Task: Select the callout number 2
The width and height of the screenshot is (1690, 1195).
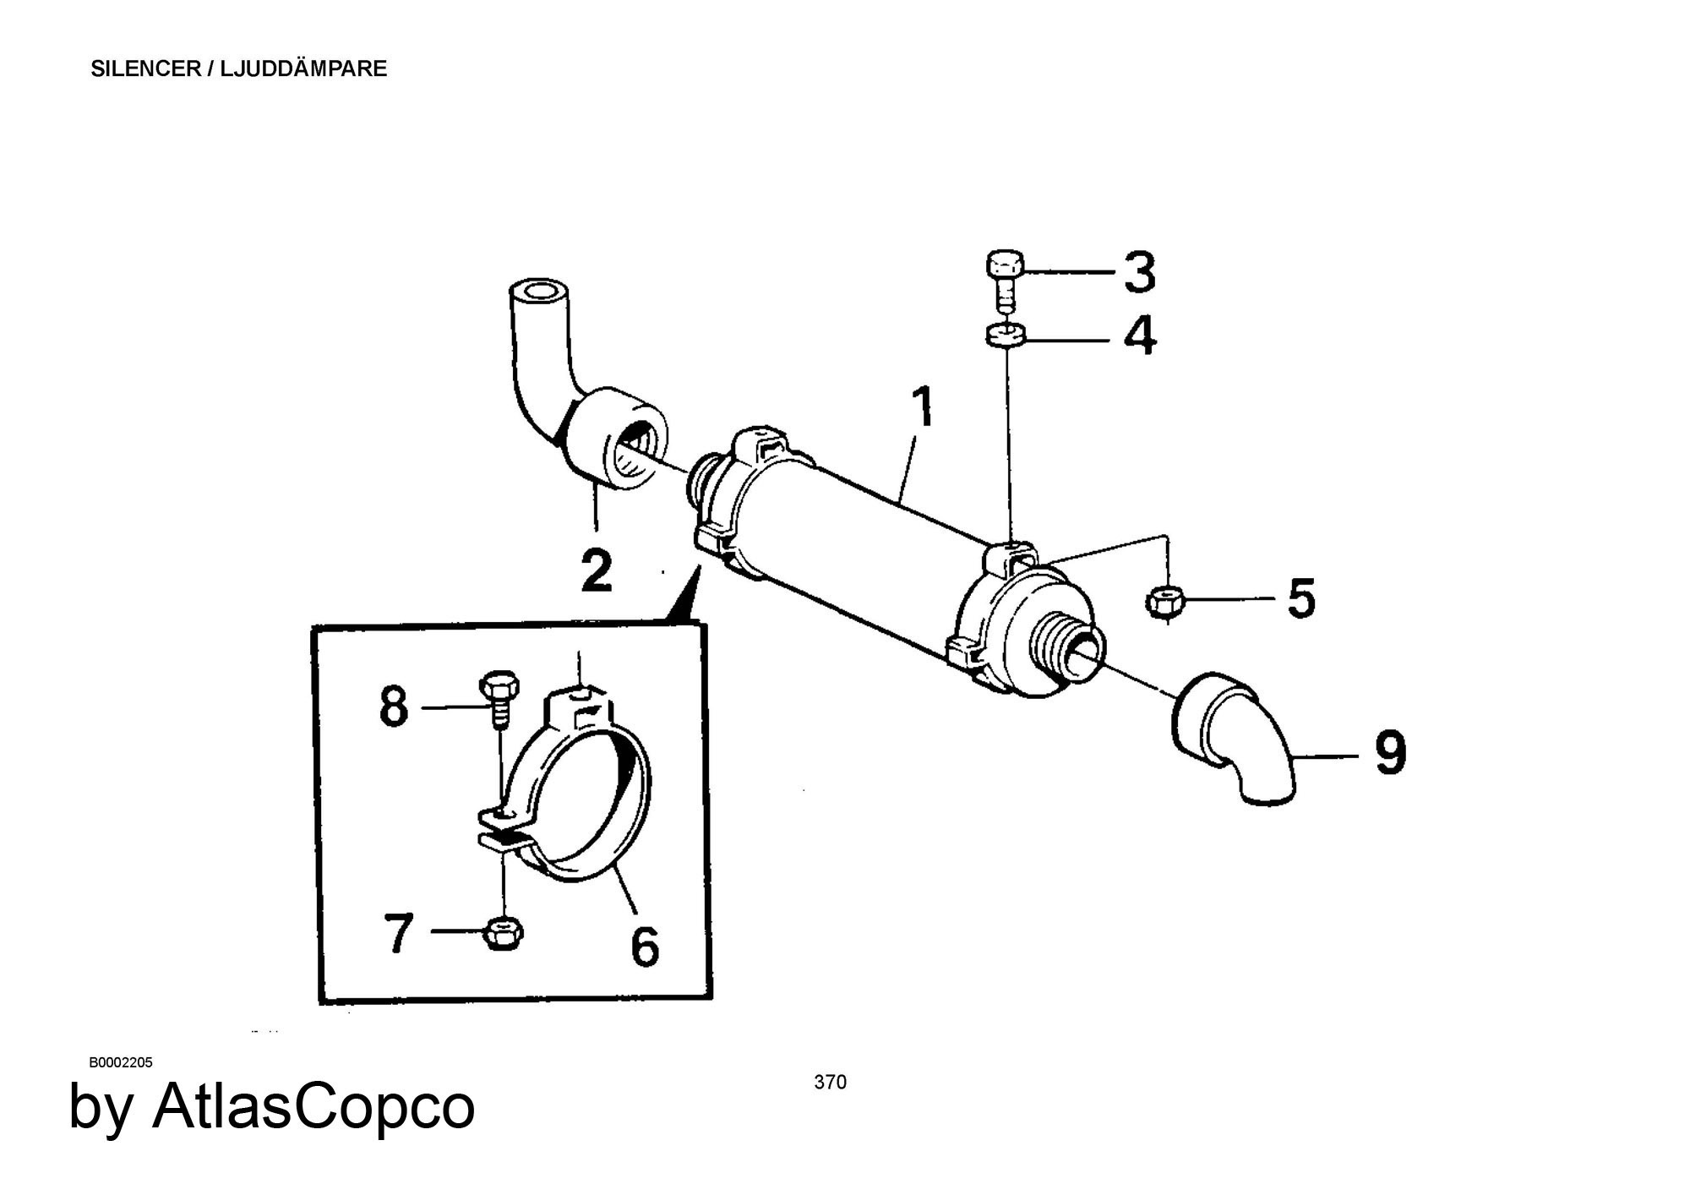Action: pos(597,570)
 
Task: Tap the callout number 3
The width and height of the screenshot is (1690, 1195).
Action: pos(1139,272)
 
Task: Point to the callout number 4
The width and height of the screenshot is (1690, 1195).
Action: pos(1139,336)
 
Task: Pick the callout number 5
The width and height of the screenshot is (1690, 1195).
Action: pos(1301,598)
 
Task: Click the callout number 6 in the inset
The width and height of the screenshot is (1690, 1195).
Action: pos(645,946)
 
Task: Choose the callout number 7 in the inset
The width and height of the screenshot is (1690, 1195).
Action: pos(399,932)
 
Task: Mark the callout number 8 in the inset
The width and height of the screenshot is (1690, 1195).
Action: pos(393,707)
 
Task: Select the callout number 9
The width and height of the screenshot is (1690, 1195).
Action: pos(1390,753)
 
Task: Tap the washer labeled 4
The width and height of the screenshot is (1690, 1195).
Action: pos(1005,335)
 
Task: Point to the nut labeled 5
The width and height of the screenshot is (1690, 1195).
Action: pos(1165,602)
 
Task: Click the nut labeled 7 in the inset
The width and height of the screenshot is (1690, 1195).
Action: pos(503,934)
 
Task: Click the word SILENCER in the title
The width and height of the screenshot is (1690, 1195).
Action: pos(144,69)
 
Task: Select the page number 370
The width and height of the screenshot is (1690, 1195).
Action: pos(830,1082)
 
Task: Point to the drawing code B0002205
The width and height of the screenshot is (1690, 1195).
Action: pos(121,1062)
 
